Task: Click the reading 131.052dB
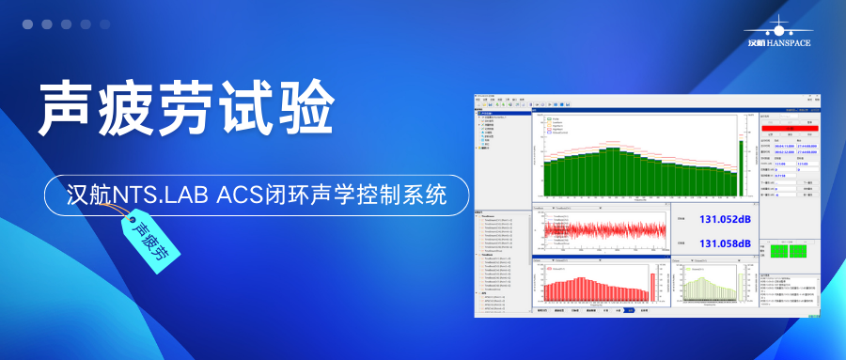point(725,221)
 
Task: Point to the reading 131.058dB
point(725,243)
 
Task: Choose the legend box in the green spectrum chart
point(562,126)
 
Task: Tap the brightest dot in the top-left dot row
point(27,24)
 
